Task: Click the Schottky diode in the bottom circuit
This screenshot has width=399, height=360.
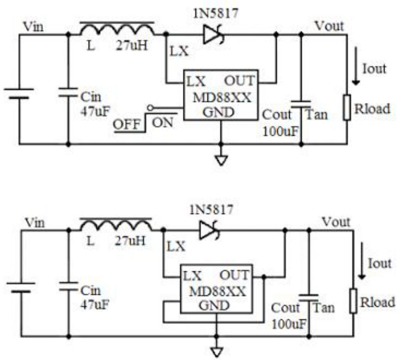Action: [x=209, y=231]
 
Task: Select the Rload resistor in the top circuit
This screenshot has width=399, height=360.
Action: [x=347, y=107]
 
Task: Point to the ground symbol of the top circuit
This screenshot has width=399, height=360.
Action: [x=221, y=159]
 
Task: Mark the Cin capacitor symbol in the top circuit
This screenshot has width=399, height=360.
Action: [x=68, y=91]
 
